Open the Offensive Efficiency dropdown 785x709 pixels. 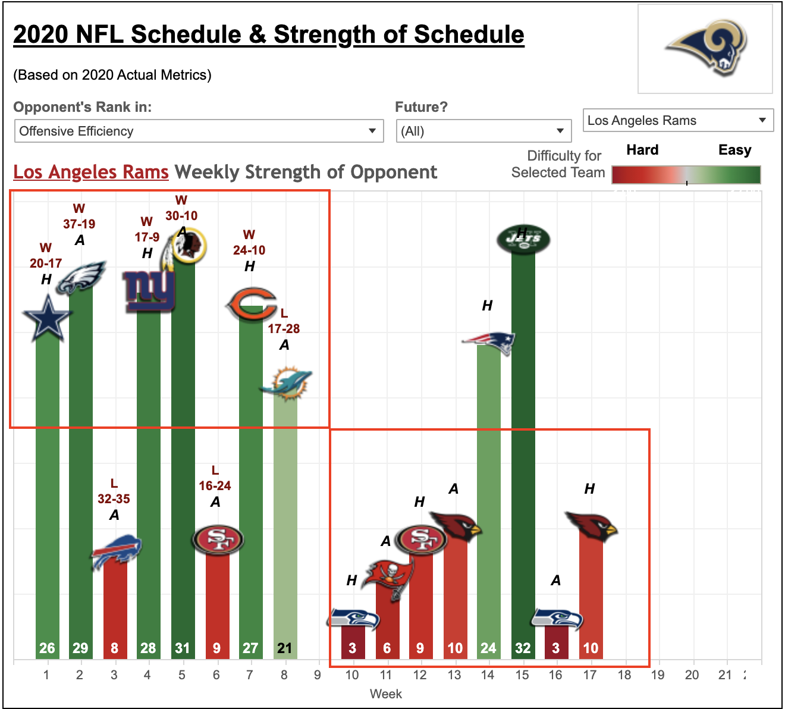point(199,131)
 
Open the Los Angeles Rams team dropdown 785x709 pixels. point(678,120)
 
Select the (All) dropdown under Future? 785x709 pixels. point(483,131)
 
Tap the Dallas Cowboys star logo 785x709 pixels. point(48,318)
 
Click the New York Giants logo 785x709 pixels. point(149,291)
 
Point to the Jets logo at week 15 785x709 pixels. point(523,239)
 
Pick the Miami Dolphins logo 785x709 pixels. point(285,384)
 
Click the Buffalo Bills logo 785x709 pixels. point(116,552)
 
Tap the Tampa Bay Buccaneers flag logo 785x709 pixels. point(388,579)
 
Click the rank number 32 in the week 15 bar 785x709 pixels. point(523,648)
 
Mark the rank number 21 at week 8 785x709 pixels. point(284,648)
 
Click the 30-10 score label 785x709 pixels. point(181,216)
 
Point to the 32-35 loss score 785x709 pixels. point(114,499)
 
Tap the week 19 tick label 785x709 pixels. point(658,675)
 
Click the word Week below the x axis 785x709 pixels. point(386,694)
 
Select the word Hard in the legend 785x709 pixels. point(642,149)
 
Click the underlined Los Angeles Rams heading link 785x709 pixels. point(91,172)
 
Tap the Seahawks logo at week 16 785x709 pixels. point(557,619)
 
